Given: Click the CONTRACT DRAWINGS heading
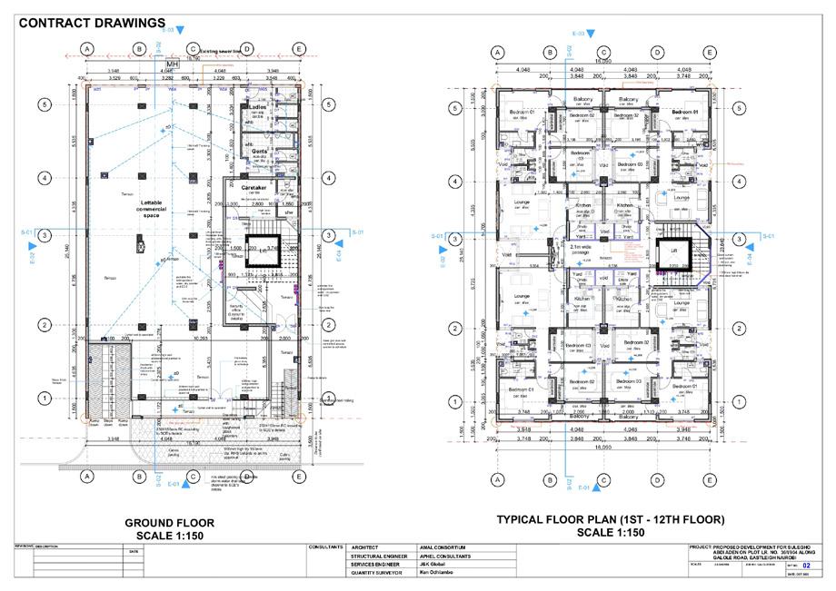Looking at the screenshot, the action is [92, 22].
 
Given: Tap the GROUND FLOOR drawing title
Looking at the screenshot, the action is [170, 523].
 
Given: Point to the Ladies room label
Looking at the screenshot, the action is [255, 107].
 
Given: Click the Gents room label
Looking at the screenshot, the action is [259, 151].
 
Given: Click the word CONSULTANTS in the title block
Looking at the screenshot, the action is [326, 547].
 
